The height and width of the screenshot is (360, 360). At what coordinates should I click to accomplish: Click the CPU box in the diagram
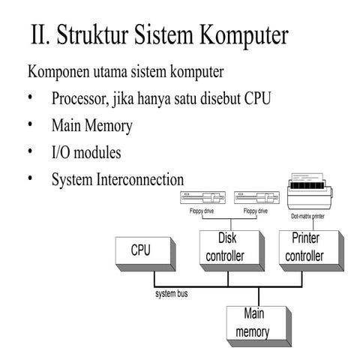142,252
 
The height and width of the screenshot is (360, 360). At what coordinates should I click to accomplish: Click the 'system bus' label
172,294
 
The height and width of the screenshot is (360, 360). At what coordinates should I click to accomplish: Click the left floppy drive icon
202,199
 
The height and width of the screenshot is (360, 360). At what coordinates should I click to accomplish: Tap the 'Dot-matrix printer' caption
313,216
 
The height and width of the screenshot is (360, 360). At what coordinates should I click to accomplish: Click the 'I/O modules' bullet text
86,152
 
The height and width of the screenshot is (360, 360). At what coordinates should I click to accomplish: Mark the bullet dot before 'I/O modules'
31,152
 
